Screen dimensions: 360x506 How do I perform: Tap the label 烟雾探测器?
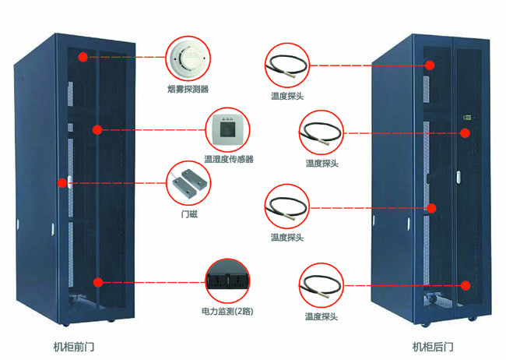pos(188,88)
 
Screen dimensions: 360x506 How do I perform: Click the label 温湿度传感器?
pos(228,159)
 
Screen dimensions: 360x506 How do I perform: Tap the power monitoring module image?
pos(228,278)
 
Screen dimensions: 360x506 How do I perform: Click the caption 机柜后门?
pos(433,345)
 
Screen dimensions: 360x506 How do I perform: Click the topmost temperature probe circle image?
pos(285,65)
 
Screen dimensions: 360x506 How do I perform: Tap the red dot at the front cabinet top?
pos(83,56)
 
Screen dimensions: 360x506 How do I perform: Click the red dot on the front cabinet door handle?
pos(61,184)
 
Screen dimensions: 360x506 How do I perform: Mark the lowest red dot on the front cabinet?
pos(98,282)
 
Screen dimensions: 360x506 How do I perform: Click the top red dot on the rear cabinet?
pos(428,65)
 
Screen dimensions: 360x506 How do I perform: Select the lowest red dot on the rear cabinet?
pos(466,285)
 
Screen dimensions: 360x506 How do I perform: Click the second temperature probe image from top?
pos(321,132)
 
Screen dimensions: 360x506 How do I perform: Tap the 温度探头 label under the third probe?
pos(286,236)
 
